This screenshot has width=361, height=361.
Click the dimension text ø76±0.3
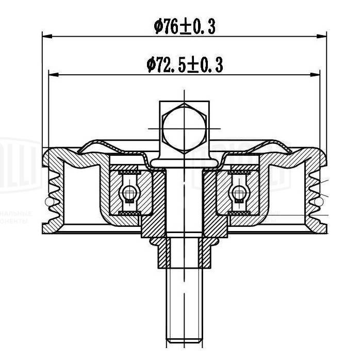185,26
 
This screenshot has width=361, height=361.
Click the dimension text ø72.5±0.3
185,64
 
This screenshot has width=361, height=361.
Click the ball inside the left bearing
130,193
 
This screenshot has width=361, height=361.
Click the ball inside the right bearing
238,193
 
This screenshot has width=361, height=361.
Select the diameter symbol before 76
159,26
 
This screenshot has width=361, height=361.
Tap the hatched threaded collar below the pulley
184,253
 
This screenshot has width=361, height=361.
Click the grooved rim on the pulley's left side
55,191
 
